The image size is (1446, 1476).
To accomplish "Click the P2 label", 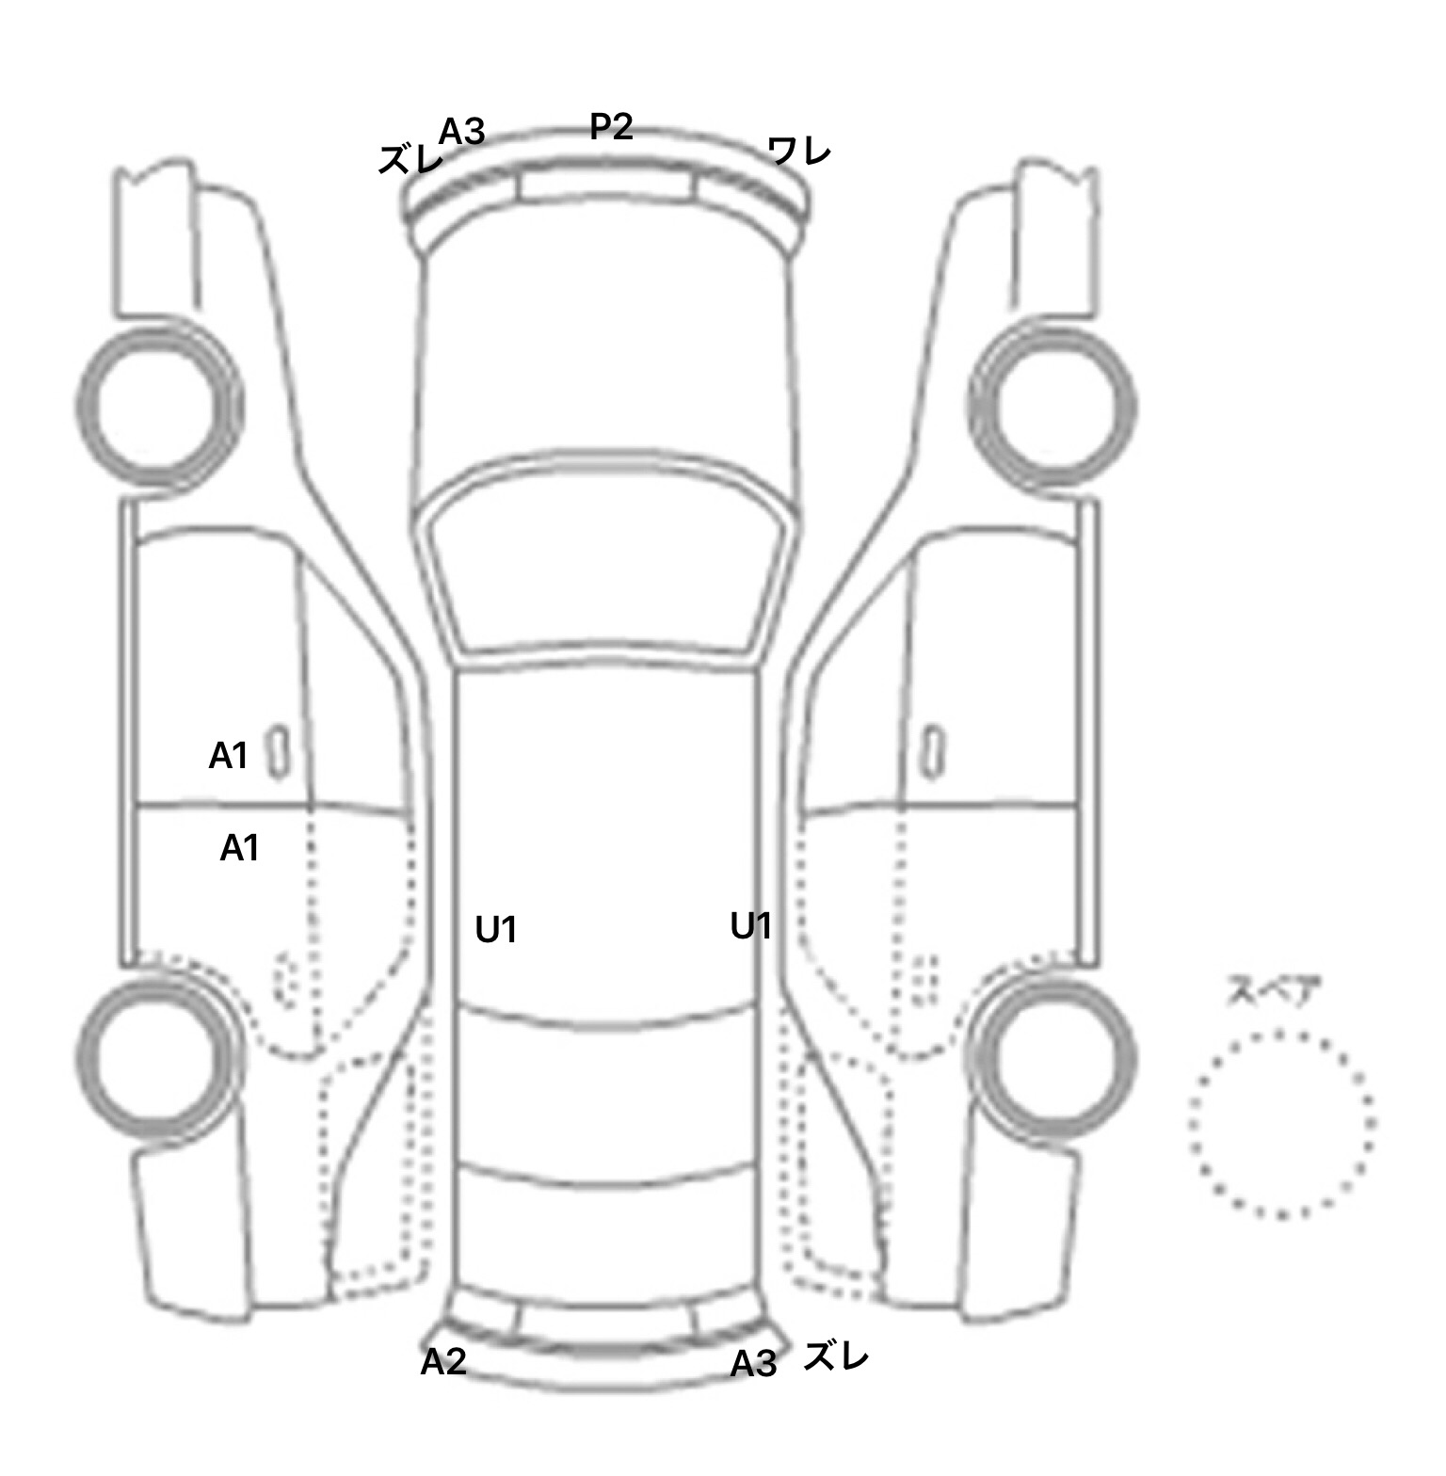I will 611,126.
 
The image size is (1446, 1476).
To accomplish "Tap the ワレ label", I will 799,151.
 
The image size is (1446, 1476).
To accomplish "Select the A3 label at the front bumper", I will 461,132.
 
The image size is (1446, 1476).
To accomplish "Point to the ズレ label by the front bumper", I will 410,160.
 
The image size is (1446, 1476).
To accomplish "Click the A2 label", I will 443,1361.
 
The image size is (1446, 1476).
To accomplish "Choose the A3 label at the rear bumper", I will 754,1363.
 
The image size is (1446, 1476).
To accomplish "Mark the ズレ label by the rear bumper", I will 836,1356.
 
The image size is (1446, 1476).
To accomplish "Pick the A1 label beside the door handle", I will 228,755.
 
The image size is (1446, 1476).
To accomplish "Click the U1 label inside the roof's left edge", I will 496,930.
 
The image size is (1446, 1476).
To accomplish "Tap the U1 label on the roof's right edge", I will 751,926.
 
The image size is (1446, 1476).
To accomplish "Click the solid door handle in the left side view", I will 280,752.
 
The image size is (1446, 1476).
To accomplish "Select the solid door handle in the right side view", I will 932,752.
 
